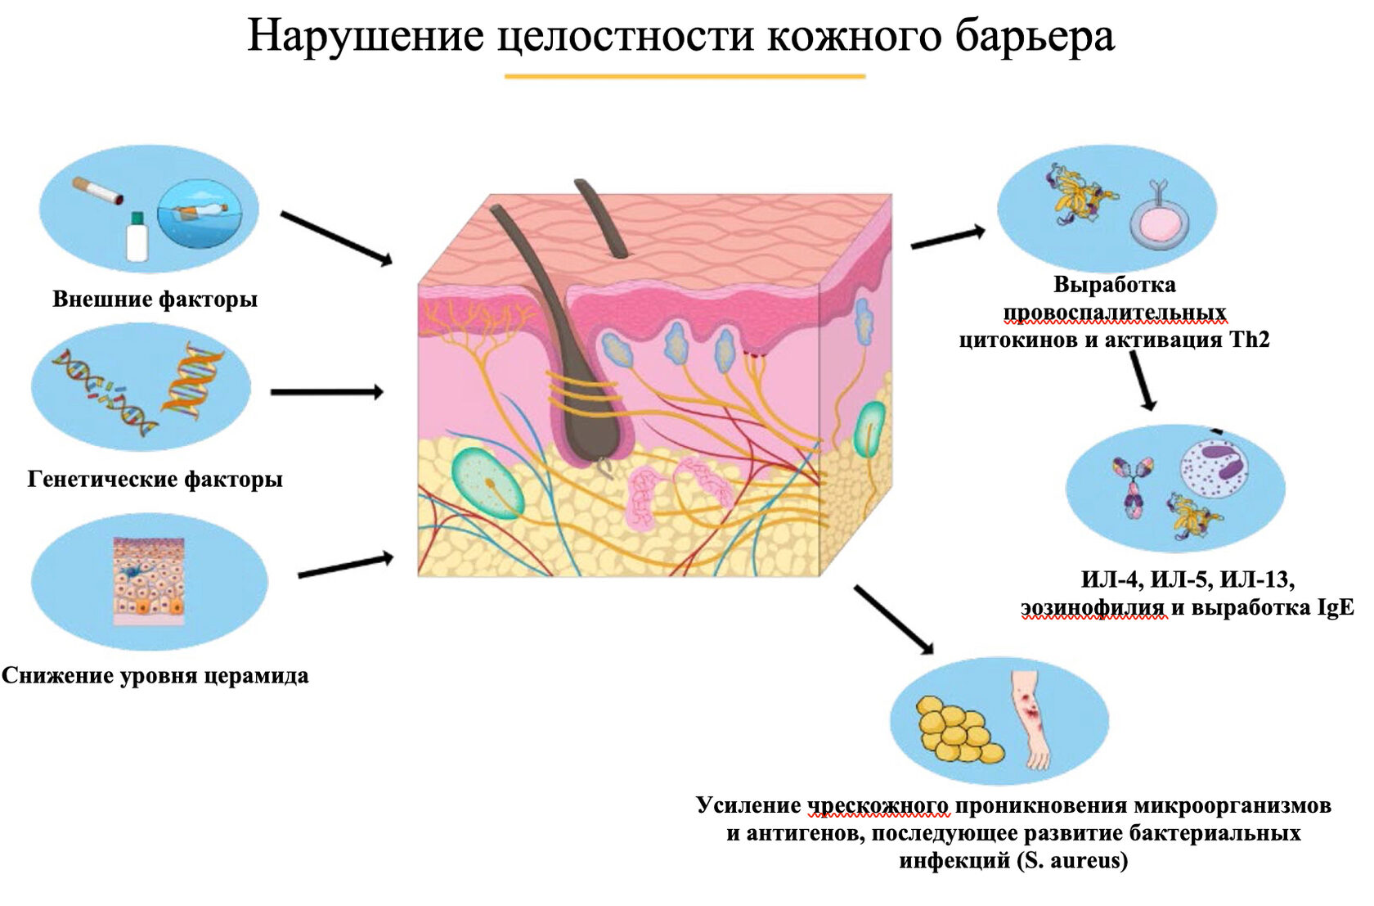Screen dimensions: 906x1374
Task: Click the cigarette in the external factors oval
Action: pos(97,191)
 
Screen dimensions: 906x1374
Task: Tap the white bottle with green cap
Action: pos(137,237)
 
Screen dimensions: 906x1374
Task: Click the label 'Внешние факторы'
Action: pos(155,300)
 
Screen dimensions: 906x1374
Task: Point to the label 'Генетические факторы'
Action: pos(155,479)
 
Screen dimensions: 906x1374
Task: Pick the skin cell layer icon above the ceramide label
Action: pos(149,580)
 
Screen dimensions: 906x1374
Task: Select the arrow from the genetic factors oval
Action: pos(326,393)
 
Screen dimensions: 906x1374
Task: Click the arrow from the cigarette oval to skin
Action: pos(335,237)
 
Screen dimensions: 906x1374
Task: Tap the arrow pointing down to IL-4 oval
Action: pos(1143,380)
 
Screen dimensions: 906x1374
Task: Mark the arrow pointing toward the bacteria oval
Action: pos(893,619)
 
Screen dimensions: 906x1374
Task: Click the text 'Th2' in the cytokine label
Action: pos(1250,340)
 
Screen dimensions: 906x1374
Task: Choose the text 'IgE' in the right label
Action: pos(1335,608)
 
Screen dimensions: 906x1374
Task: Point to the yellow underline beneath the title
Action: pos(685,76)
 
